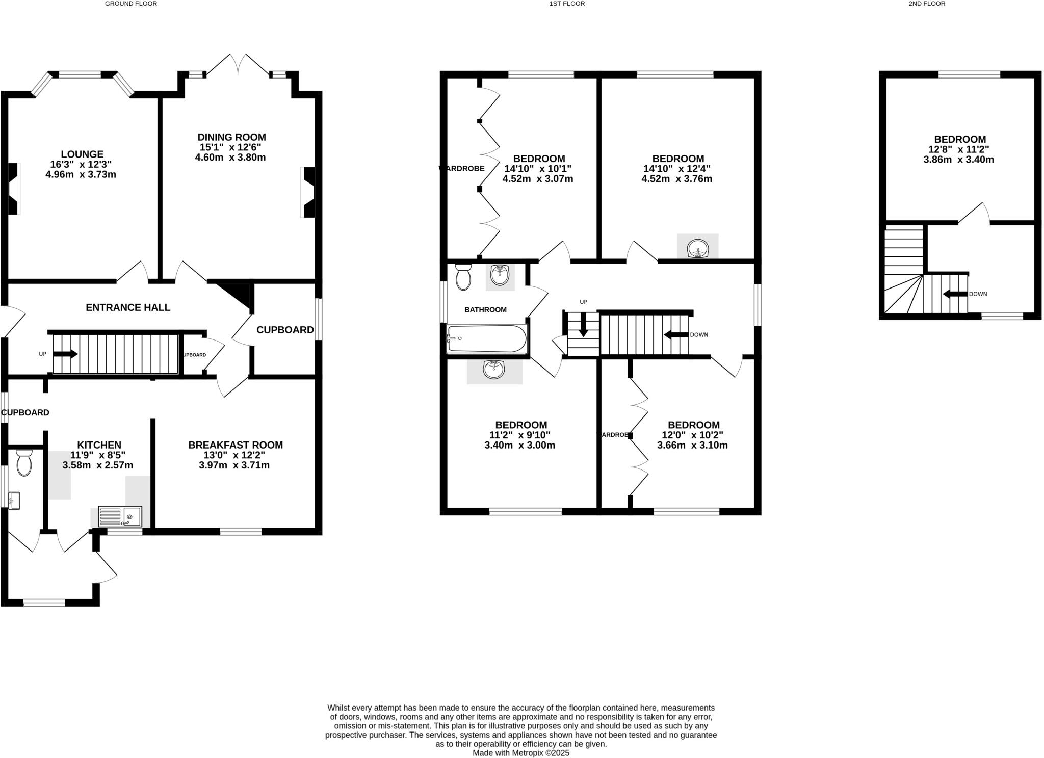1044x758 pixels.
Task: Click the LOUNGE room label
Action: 82,154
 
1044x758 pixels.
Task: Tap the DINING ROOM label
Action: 231,137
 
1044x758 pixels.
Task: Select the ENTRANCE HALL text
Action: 128,307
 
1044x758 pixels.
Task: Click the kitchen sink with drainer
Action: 120,516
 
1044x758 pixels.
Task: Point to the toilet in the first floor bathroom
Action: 463,277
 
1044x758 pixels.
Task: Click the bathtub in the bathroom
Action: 487,339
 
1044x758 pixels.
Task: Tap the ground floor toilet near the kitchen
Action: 24,463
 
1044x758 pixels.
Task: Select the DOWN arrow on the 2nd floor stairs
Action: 954,294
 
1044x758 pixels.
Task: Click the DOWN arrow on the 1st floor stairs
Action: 675,335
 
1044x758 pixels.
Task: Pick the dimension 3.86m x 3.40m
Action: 958,160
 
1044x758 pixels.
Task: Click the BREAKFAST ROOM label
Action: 235,445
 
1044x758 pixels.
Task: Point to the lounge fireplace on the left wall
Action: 13,189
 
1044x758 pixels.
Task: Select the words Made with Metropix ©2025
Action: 520,753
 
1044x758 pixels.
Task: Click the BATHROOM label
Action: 485,310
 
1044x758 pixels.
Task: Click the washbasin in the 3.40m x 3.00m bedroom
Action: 493,370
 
